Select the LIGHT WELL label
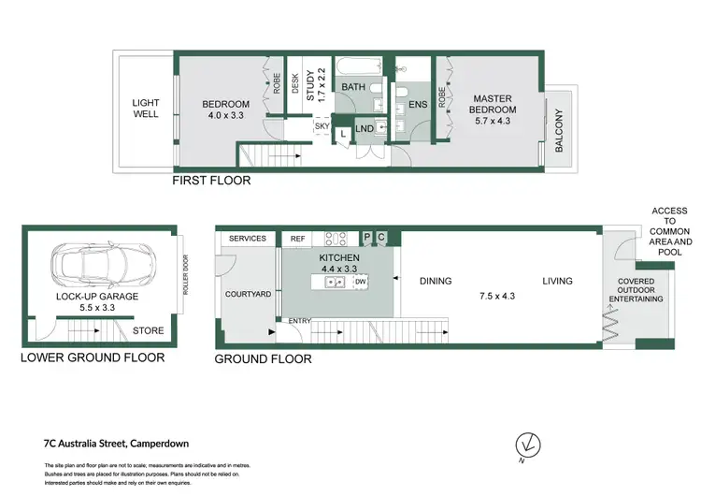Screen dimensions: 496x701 [146, 109]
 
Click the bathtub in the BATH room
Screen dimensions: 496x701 [356, 68]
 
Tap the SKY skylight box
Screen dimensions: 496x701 [322, 125]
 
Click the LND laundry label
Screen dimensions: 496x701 [365, 129]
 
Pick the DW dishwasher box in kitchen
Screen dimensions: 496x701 [360, 281]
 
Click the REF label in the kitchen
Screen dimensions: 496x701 [298, 240]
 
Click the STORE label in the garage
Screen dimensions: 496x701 [147, 329]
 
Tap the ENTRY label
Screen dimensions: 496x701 [298, 322]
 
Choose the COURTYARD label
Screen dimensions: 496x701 [248, 294]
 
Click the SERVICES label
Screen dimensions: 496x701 [248, 240]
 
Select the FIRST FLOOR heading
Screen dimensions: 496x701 [210, 181]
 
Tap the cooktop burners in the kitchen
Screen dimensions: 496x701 [335, 239]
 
